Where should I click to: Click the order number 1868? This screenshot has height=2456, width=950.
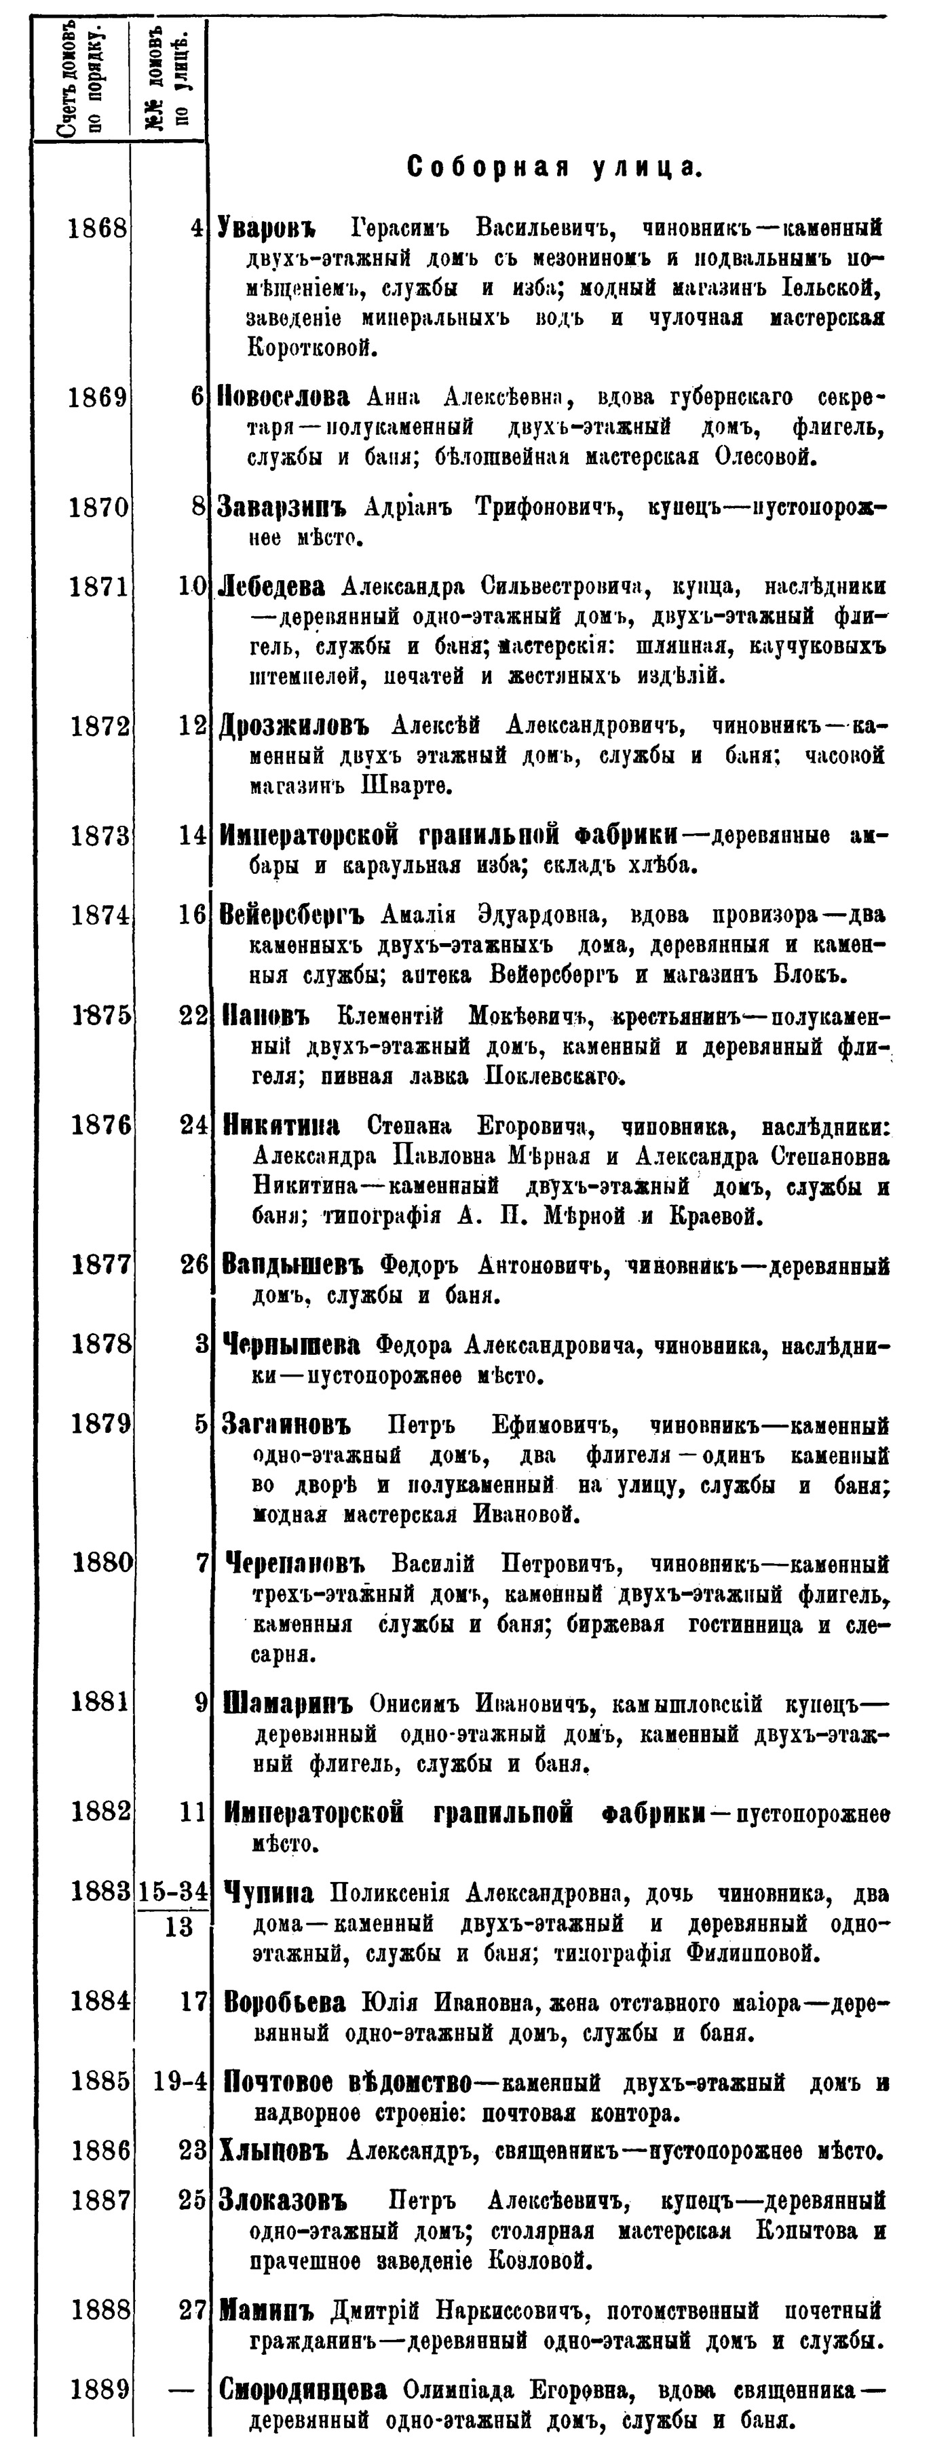click(x=98, y=230)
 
